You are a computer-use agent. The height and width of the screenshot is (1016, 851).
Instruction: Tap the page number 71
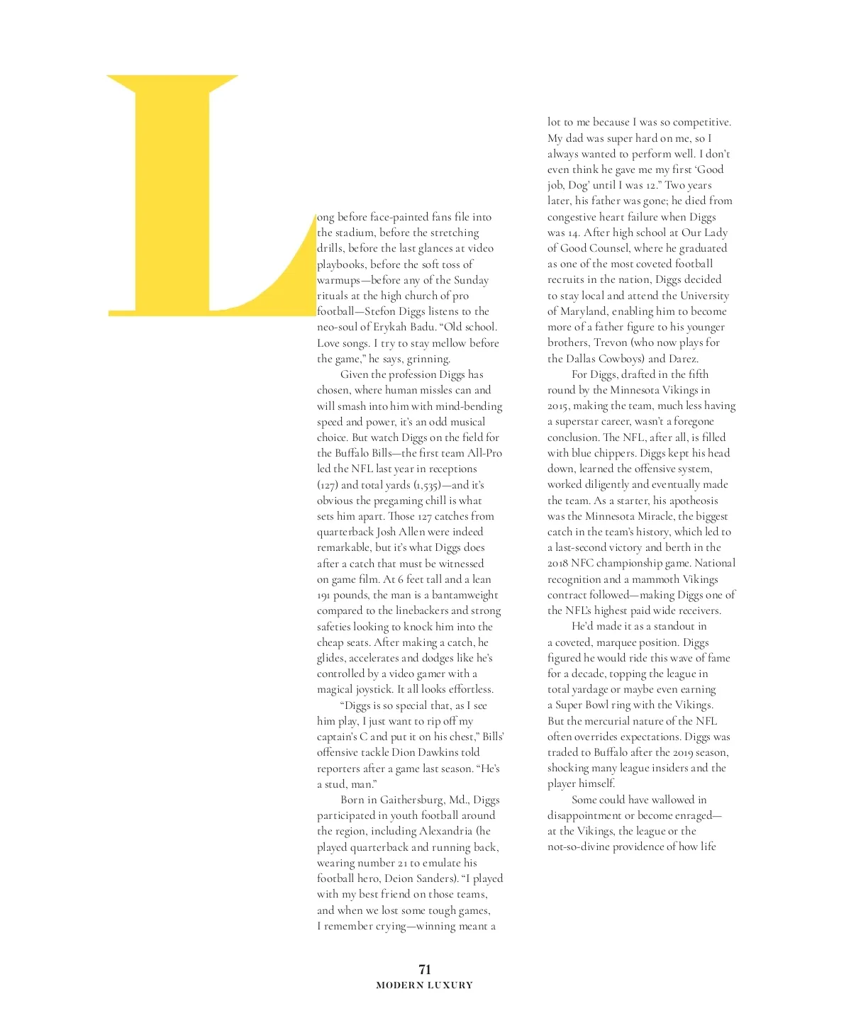(x=425, y=969)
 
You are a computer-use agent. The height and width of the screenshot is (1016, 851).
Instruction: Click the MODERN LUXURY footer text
(x=424, y=985)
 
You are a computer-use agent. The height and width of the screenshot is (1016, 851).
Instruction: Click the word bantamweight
(x=465, y=595)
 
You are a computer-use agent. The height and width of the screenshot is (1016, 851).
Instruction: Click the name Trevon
(x=611, y=342)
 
